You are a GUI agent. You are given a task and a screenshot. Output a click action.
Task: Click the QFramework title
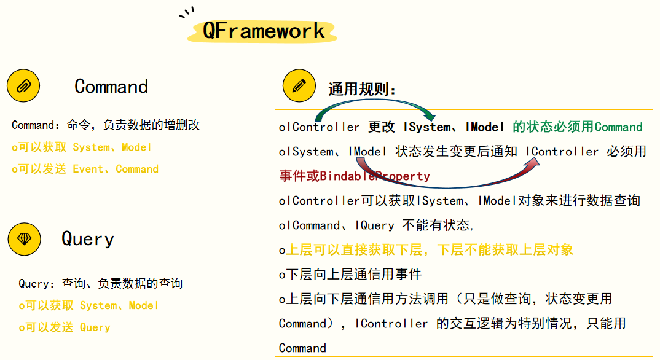click(263, 31)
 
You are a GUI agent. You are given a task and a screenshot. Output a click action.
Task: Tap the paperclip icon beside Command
click(23, 86)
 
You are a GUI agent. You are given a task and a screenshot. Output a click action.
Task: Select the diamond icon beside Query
click(24, 239)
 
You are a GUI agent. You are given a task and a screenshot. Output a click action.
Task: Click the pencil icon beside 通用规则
click(299, 86)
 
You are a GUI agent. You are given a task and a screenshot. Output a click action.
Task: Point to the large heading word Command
click(111, 86)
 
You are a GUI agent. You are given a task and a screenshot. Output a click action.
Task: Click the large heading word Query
click(87, 239)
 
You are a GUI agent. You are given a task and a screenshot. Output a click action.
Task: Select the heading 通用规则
click(362, 90)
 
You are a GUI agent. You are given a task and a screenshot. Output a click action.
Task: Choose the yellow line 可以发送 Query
click(65, 327)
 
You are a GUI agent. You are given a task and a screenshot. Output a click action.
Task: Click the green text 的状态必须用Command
click(578, 127)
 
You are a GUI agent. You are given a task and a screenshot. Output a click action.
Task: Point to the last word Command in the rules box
click(302, 348)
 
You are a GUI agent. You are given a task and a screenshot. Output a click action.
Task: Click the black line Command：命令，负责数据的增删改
click(106, 125)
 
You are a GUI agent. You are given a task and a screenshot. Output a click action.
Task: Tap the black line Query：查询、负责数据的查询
click(100, 284)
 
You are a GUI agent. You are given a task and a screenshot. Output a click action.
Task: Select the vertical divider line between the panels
click(257, 215)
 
